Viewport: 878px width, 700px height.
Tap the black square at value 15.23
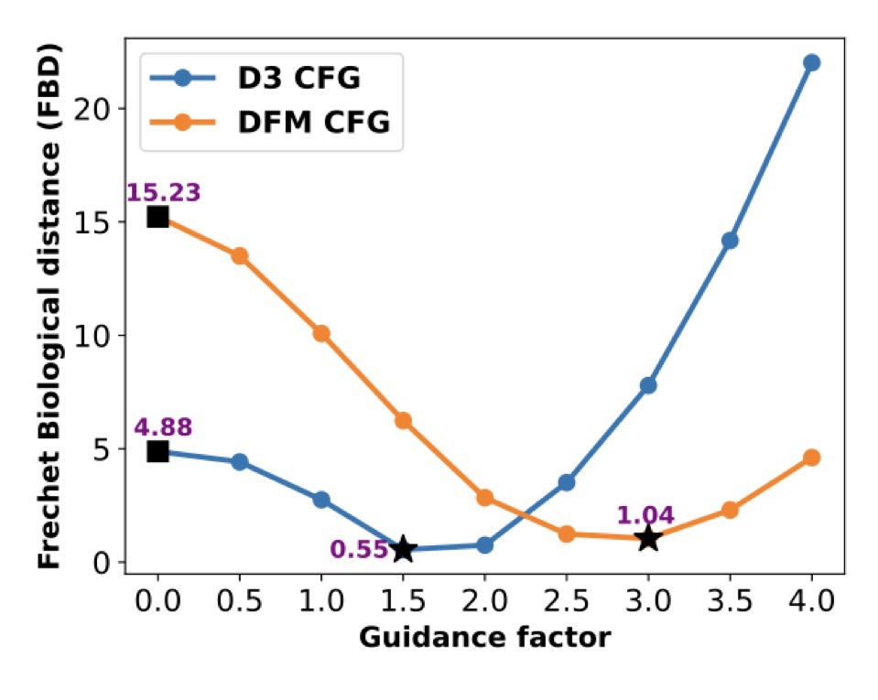[157, 217]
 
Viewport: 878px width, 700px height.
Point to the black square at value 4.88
[157, 450]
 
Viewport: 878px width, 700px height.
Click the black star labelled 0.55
[403, 549]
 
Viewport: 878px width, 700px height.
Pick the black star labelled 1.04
[648, 538]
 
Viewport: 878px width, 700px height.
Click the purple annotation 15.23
[163, 192]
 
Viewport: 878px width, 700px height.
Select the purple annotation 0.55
[359, 549]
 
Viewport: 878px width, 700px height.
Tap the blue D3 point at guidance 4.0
[811, 62]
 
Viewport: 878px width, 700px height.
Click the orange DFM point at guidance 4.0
[811, 458]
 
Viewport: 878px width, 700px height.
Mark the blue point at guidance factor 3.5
[730, 241]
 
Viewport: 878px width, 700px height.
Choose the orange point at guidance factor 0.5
[239, 255]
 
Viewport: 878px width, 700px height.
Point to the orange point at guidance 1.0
[321, 333]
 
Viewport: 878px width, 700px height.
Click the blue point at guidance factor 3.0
[648, 385]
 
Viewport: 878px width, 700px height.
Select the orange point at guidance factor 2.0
[484, 498]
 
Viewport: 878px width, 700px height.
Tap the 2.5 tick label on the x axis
[566, 601]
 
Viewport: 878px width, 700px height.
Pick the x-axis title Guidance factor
[483, 637]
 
